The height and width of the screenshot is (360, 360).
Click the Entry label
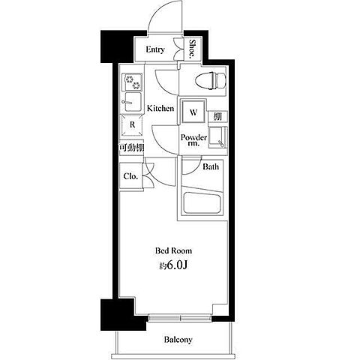tap(155, 49)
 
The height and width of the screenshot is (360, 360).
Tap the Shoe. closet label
tap(192, 49)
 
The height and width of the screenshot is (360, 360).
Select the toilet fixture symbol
tap(211, 80)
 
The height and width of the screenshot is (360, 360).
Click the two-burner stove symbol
tap(132, 82)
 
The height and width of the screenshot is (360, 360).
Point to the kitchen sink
tap(132, 103)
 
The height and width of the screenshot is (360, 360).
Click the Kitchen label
tap(160, 108)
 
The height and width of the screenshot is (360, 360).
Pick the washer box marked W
tap(193, 112)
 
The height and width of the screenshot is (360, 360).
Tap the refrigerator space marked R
tap(132, 124)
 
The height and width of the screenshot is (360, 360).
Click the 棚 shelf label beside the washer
tap(217, 116)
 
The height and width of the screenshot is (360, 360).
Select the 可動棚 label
tap(132, 148)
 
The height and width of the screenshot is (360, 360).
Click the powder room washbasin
tap(218, 137)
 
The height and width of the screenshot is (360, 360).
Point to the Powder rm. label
tap(193, 140)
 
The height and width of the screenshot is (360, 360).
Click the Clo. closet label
tap(130, 176)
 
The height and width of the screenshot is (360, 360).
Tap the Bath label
tap(211, 166)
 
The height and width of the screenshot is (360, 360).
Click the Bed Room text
tap(174, 250)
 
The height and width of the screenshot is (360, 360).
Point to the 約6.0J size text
tap(173, 265)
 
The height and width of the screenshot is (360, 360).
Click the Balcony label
tap(178, 340)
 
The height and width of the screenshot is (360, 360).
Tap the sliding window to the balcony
tap(179, 318)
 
